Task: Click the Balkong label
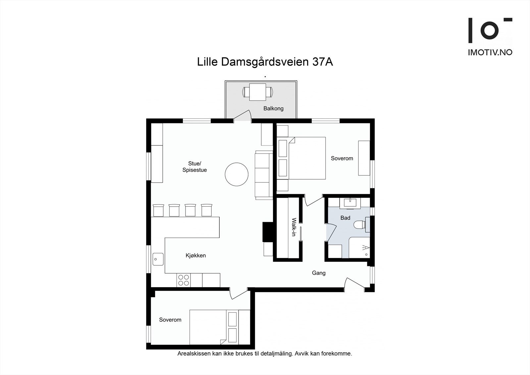pyautogui.click(x=273, y=108)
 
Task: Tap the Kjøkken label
pyautogui.click(x=196, y=255)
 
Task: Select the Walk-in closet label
pyautogui.click(x=293, y=227)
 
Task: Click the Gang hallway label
pyautogui.click(x=319, y=273)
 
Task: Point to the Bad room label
pyautogui.click(x=345, y=218)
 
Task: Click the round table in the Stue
pyautogui.click(x=237, y=174)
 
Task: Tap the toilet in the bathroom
pyautogui.click(x=360, y=225)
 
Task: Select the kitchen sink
pyautogui.click(x=158, y=259)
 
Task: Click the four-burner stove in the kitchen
pyautogui.click(x=183, y=280)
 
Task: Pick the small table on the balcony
pyautogui.click(x=257, y=92)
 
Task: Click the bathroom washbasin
pyautogui.click(x=350, y=202)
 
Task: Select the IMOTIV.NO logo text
pyautogui.click(x=490, y=52)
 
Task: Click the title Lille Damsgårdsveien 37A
pyautogui.click(x=265, y=62)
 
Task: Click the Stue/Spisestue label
pyautogui.click(x=194, y=167)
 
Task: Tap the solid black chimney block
pyautogui.click(x=267, y=231)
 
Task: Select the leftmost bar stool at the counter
pyautogui.click(x=158, y=210)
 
